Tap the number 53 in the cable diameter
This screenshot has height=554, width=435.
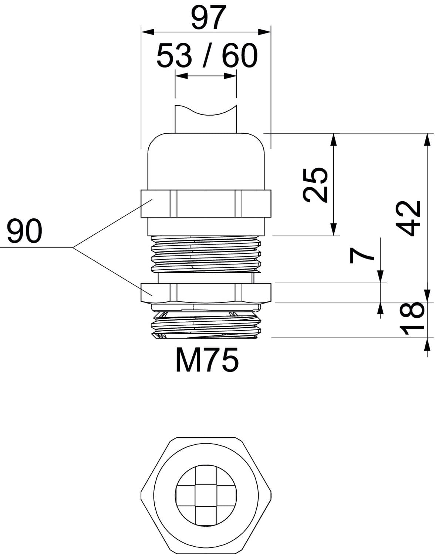point(174,56)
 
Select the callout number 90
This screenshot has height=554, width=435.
point(24,231)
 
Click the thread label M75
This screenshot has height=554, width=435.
point(207,361)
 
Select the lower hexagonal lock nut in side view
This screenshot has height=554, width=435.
point(206,293)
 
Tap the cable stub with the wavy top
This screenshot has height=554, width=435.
point(205,120)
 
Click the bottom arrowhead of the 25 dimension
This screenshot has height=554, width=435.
point(334,229)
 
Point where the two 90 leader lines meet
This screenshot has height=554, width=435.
point(73,247)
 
